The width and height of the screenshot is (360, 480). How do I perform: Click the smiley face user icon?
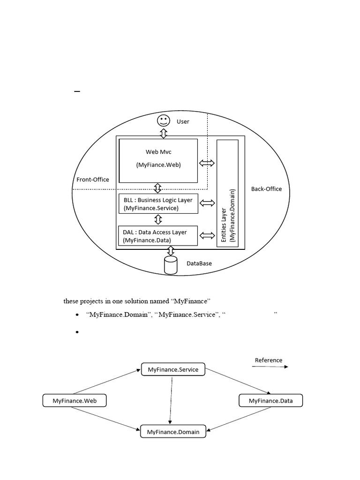[163, 120]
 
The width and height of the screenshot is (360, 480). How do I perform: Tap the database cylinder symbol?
[171, 265]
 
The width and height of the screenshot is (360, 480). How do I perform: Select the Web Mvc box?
[158, 160]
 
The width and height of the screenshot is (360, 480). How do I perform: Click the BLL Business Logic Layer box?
[158, 204]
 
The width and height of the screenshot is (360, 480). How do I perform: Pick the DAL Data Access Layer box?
[158, 236]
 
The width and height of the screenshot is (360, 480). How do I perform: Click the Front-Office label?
[92, 180]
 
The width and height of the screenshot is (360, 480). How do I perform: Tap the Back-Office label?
[267, 189]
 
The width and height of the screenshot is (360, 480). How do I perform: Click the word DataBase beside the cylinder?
[199, 263]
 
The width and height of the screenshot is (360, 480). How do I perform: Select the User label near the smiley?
[183, 121]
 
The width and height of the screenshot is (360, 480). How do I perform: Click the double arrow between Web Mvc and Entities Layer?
[207, 163]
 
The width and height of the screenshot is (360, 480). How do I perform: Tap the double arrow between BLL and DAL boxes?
[158, 219]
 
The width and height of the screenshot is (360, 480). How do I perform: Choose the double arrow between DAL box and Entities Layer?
[207, 235]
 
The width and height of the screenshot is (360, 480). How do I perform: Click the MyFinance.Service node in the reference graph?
[173, 369]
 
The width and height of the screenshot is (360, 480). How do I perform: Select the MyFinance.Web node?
[75, 401]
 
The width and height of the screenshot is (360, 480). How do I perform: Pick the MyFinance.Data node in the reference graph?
[271, 401]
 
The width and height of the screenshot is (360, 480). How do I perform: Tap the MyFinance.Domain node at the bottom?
[173, 432]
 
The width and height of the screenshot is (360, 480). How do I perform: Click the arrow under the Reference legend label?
[270, 367]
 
